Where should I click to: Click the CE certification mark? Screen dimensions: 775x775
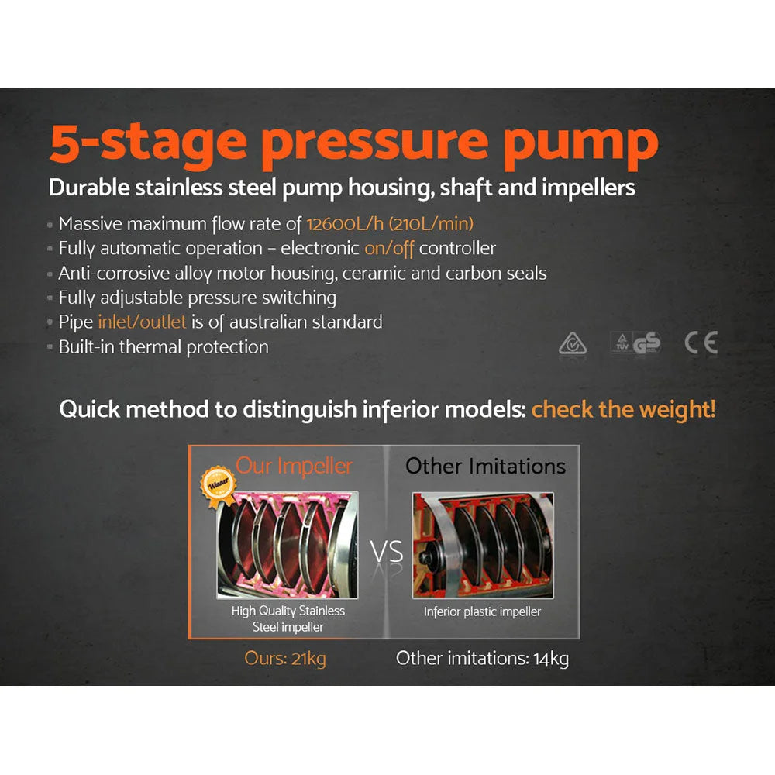pos(701,343)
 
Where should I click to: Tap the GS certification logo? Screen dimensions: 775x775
pos(646,343)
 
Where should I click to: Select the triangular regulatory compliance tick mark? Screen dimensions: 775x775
pos(573,343)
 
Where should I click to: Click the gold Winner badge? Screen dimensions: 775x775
pos(218,481)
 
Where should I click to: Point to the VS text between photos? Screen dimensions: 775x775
pos(386,553)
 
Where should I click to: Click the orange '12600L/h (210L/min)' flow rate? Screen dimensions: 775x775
pos(390,225)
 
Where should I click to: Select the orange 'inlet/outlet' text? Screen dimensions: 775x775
pos(142,322)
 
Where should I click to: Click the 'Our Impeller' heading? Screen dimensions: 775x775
pos(294,466)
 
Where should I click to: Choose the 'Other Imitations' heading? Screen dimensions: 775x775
pos(486,466)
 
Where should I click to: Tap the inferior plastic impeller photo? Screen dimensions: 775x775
pos(482,546)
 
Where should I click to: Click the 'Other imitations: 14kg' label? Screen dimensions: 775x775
pos(482,659)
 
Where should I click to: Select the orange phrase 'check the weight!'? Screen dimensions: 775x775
pos(623,409)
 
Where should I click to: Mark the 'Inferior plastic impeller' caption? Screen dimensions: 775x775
pos(482,611)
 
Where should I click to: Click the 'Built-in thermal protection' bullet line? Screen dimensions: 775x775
pos(164,346)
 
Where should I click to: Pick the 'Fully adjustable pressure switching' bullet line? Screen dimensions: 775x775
pos(197,298)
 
